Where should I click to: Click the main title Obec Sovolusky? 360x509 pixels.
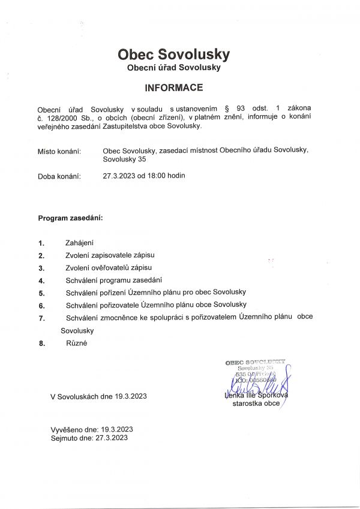click(x=174, y=55)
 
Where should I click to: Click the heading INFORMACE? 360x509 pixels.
click(x=174, y=88)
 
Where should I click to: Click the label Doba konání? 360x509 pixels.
click(x=59, y=176)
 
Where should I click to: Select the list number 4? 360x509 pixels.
click(x=41, y=280)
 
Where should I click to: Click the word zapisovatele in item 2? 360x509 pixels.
click(x=112, y=255)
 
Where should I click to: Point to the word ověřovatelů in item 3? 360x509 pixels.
click(x=112, y=267)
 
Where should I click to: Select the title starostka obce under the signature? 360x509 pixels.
click(x=256, y=404)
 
